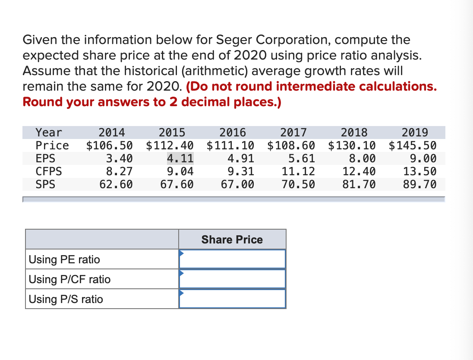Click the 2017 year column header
tap(293, 132)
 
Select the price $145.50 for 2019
tap(413, 145)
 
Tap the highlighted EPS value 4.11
tap(180, 158)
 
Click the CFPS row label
tap(49, 171)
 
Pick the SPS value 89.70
tap(419, 185)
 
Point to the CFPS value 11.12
tap(298, 171)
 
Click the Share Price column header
tap(232, 240)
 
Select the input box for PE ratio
tap(233, 259)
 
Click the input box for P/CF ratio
tap(233, 279)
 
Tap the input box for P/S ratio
tap(233, 299)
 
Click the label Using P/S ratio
tap(66, 299)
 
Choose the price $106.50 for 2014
tap(110, 145)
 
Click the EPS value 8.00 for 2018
tap(363, 158)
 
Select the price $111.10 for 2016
tap(230, 145)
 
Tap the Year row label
tap(49, 132)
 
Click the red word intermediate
tap(315, 87)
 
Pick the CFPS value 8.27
tap(120, 171)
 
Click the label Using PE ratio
tap(64, 259)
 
